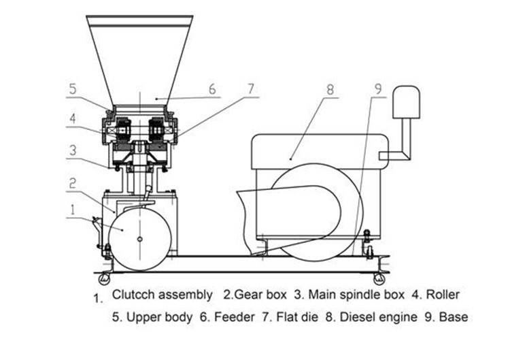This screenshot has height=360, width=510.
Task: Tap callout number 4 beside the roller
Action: (71, 116)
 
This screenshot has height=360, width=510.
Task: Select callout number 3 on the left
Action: (72, 148)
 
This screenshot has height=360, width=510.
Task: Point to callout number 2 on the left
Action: (71, 183)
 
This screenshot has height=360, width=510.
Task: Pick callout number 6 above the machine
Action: (211, 89)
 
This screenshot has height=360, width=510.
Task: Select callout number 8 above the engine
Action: (330, 88)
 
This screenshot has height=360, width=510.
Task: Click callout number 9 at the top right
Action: (377, 88)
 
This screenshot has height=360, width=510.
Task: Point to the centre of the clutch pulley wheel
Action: (139, 239)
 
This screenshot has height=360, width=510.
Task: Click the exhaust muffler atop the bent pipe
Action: (407, 102)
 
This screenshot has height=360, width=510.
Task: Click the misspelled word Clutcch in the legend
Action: (135, 295)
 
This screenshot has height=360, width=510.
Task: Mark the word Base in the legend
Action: (454, 317)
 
